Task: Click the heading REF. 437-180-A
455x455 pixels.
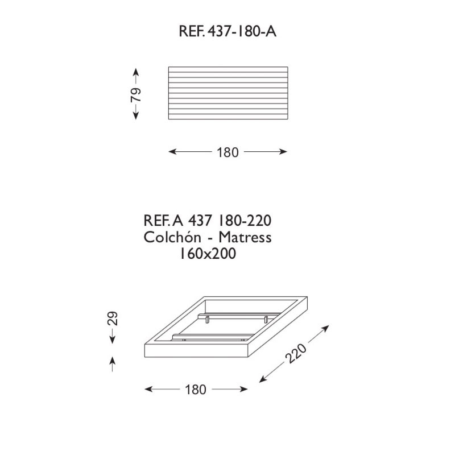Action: (x=227, y=31)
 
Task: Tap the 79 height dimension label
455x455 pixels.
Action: (x=136, y=94)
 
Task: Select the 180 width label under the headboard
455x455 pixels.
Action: (x=228, y=152)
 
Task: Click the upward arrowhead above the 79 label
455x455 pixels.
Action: (x=136, y=72)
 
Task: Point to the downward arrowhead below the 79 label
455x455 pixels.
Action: (x=136, y=116)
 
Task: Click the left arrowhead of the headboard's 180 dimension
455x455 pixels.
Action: (x=173, y=151)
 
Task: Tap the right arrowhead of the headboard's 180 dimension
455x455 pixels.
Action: (x=283, y=151)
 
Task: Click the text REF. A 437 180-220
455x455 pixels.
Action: (x=208, y=221)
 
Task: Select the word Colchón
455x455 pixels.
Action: (x=172, y=237)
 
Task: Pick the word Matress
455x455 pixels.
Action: (x=245, y=237)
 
